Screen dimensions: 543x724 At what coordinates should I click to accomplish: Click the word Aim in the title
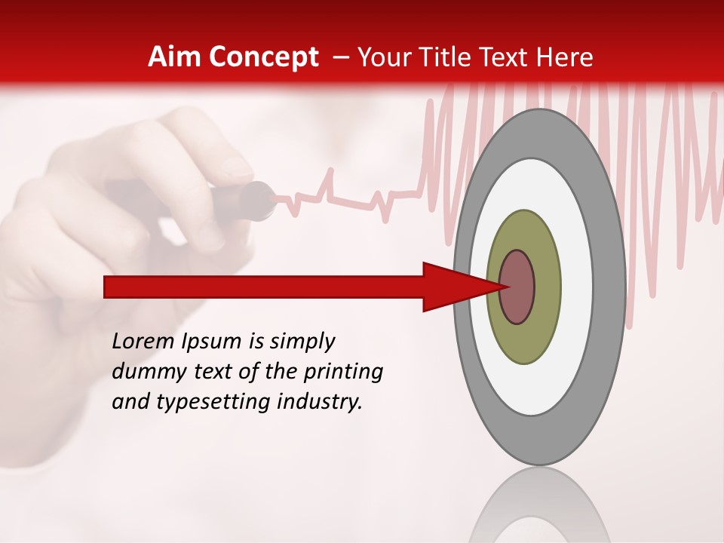[174, 57]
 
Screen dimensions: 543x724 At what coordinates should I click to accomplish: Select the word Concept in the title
[262, 57]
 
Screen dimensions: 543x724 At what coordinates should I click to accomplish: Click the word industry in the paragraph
[319, 403]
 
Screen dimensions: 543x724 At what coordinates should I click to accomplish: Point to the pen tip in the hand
[260, 201]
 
